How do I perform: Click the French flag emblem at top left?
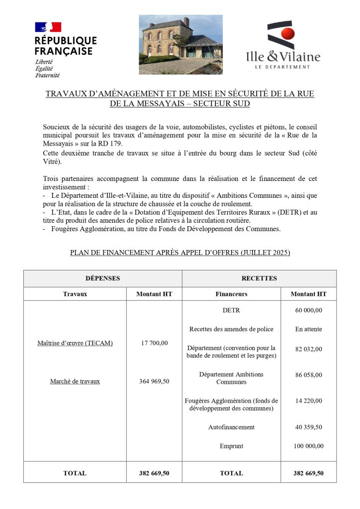48,27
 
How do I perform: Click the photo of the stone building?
180,44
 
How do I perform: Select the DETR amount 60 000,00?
308,310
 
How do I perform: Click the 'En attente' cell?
308,329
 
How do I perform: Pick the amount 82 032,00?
308,349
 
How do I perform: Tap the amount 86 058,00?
308,375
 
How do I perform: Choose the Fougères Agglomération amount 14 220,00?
308,401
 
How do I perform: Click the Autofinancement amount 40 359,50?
308,427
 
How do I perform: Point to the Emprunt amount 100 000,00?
308,446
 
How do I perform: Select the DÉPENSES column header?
102,278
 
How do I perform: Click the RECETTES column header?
259,278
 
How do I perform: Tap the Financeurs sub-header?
231,294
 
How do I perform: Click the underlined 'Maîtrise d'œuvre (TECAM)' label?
75,343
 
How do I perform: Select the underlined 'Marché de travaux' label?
75,381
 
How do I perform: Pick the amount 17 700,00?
154,343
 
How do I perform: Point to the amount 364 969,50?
154,381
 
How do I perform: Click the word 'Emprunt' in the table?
231,446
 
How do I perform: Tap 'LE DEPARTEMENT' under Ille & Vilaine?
282,67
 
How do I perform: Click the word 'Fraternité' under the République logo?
47,76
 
